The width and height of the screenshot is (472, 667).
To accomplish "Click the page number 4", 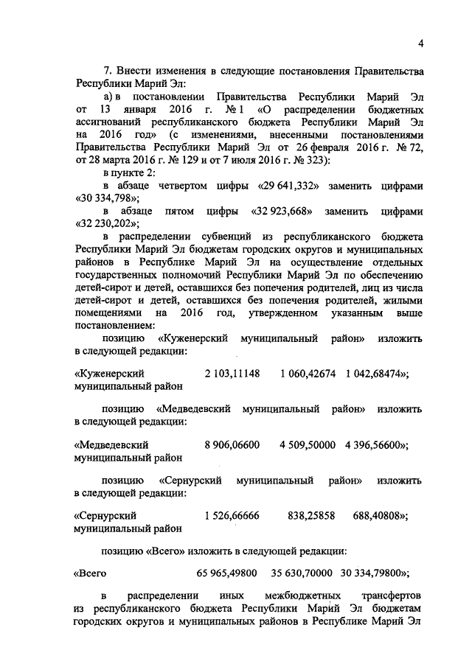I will coord(420,43).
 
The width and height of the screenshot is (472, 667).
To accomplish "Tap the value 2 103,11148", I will coord(232,374).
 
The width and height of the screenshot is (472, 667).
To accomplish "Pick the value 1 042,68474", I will coord(375,374).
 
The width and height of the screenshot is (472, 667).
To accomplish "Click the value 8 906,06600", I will coord(232,445).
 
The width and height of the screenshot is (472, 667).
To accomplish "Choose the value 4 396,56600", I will coord(375,445).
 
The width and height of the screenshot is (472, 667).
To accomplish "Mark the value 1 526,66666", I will coord(232,516).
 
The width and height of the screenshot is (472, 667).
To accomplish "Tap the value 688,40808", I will coord(380,516).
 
